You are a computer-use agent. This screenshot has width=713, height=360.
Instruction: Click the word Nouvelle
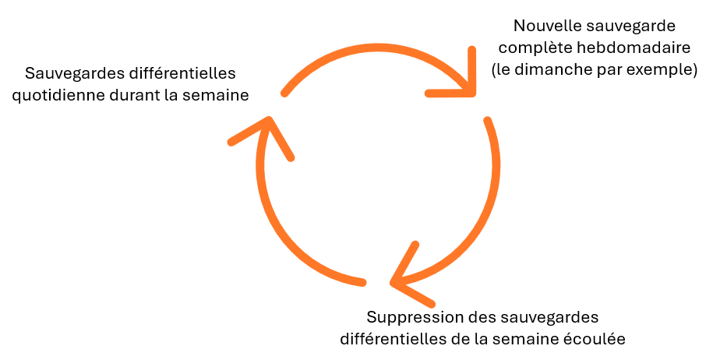pyautogui.click(x=541, y=26)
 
